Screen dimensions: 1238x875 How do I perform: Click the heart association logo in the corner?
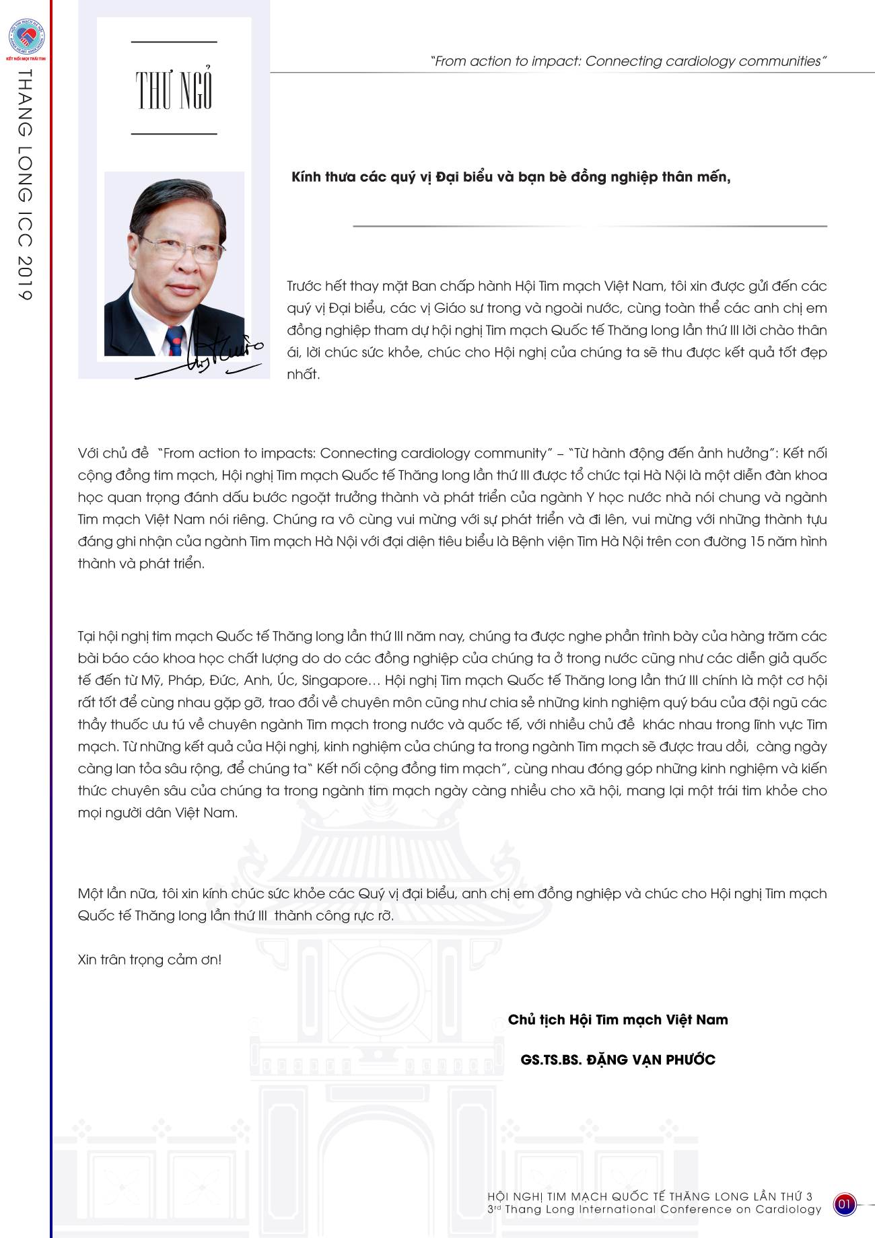coord(26,38)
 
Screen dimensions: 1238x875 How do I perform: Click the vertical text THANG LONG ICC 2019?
coord(25,185)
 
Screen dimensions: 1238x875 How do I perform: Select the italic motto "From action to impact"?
coord(628,61)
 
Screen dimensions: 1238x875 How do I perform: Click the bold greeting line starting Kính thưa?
coord(511,177)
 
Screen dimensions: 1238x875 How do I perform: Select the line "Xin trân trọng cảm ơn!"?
coord(149,959)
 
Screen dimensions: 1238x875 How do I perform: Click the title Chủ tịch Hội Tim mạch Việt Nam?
coord(618,1019)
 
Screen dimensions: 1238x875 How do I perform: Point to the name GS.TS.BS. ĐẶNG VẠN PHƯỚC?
coord(618,1060)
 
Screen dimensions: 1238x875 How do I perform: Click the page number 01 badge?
coord(845,1204)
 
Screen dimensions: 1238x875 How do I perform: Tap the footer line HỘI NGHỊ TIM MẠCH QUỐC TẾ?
coord(650,1196)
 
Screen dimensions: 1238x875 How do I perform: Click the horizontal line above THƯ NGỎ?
coord(174,42)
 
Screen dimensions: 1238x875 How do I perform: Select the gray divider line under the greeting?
coord(590,226)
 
